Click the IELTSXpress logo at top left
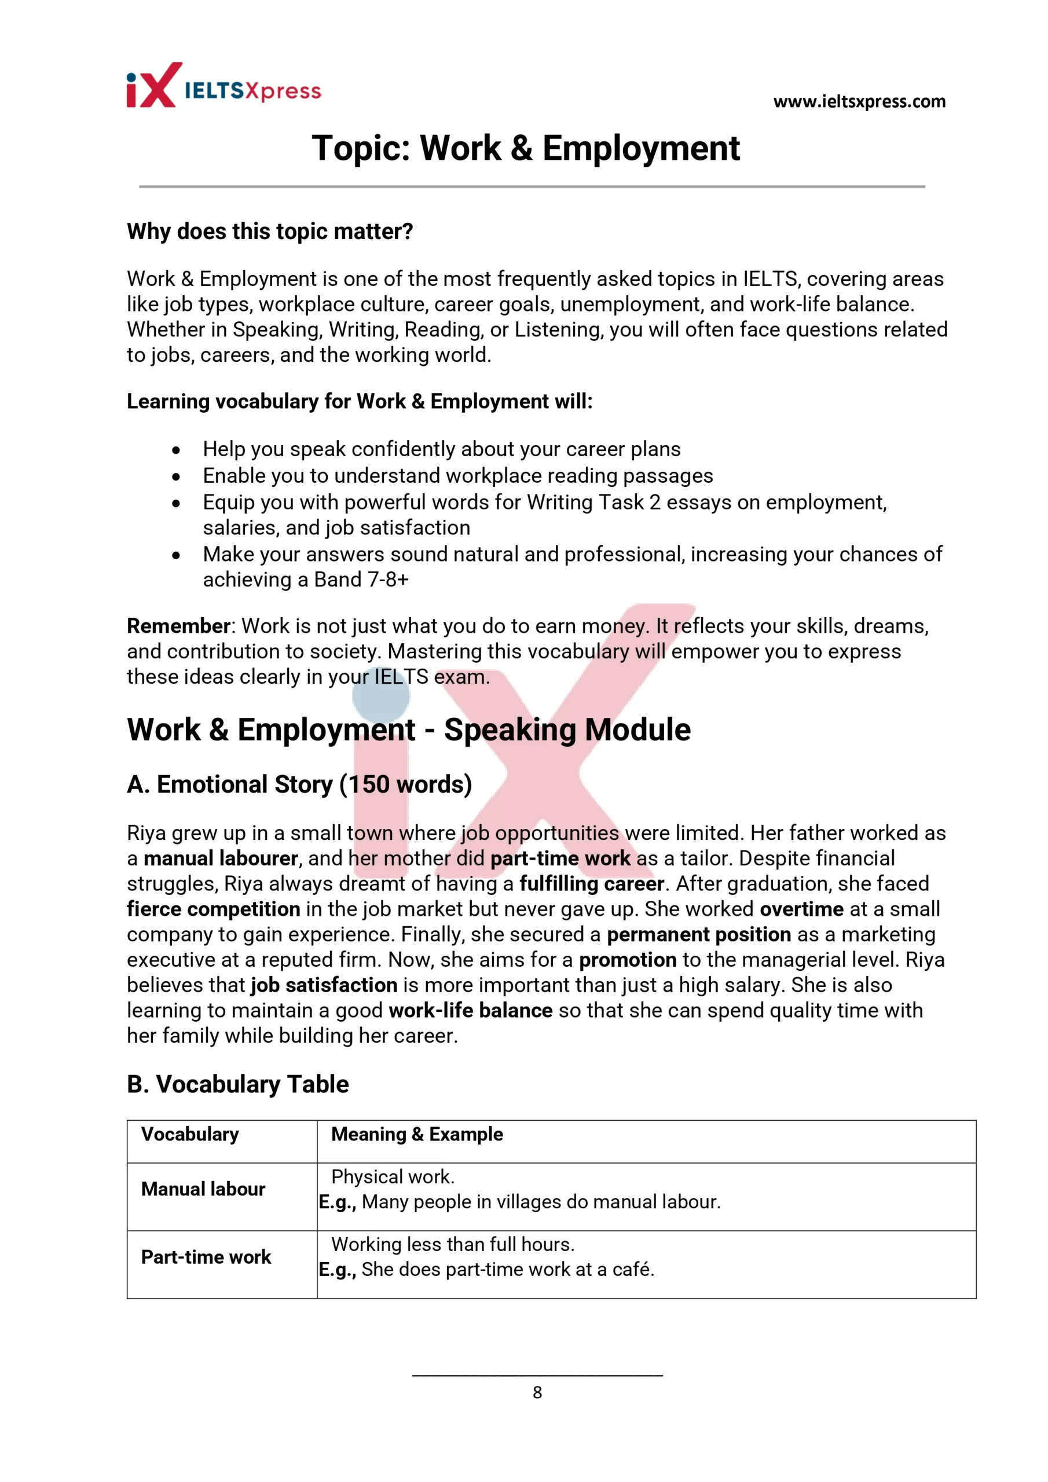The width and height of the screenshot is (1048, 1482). click(223, 86)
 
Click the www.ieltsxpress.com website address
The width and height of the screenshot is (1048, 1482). click(859, 101)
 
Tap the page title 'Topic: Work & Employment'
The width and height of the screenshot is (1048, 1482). click(525, 148)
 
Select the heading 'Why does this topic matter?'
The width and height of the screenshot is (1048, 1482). click(269, 231)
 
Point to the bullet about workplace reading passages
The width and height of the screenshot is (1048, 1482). click(457, 475)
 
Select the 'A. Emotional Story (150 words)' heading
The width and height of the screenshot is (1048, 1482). click(299, 784)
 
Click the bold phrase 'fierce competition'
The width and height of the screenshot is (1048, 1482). click(213, 909)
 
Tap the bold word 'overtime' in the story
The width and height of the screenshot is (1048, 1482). click(801, 909)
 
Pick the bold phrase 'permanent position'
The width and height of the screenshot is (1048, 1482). click(699, 934)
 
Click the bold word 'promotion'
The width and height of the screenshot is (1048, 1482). click(627, 959)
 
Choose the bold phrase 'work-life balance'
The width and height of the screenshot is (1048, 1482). click(470, 1010)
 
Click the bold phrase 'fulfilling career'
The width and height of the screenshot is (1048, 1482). click(592, 883)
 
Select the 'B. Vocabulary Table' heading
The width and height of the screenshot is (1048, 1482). click(237, 1084)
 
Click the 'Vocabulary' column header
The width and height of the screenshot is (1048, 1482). click(190, 1134)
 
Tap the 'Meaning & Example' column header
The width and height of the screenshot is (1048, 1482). click(416, 1134)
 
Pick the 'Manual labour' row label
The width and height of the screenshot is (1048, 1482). click(203, 1189)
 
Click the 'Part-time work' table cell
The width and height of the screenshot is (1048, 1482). click(206, 1257)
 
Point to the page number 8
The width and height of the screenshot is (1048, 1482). click(537, 1392)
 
